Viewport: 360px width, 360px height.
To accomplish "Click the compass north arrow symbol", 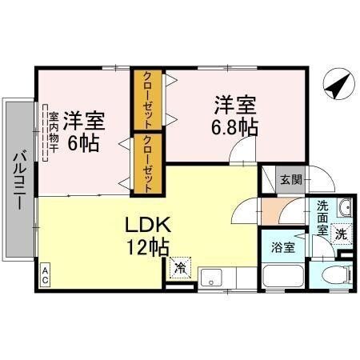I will point(336,84).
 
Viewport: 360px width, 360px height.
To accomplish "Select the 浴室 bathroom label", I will point(281,247).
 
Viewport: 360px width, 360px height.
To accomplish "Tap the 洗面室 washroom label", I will point(322,216).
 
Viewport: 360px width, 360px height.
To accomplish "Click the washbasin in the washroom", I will point(344,210).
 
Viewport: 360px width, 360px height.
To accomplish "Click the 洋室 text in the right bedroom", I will point(234,103).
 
